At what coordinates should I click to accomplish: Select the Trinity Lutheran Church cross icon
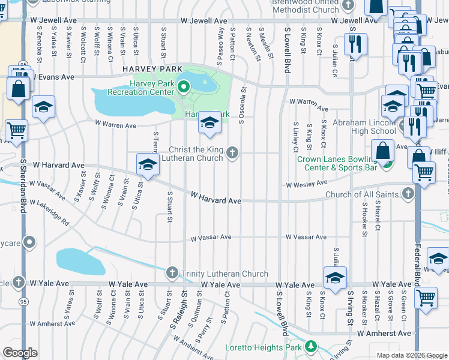click(172, 274)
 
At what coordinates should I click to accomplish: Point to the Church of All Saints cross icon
click(408, 194)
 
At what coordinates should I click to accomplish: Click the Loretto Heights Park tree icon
click(311, 347)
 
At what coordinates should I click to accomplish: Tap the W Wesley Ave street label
click(307, 184)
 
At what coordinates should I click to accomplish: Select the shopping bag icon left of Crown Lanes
click(382, 151)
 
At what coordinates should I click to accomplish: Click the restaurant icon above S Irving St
click(354, 44)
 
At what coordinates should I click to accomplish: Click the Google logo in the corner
click(20, 353)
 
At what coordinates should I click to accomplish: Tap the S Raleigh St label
click(177, 311)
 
